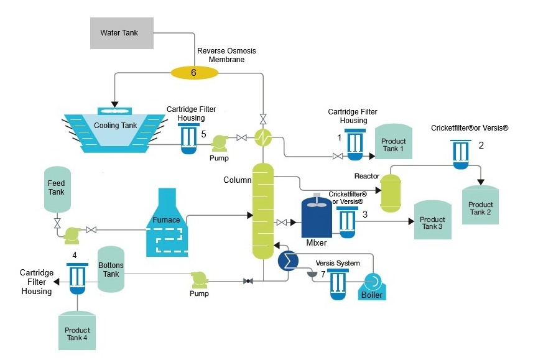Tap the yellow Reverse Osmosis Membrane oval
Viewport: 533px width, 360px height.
[193, 73]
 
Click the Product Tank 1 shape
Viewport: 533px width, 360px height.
[393, 145]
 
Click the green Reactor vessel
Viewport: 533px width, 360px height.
[390, 192]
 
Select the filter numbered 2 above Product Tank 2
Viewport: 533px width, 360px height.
[461, 154]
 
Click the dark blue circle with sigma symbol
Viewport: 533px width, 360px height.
[288, 260]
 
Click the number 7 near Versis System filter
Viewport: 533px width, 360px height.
[323, 275]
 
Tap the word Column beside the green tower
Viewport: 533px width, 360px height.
[237, 180]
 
